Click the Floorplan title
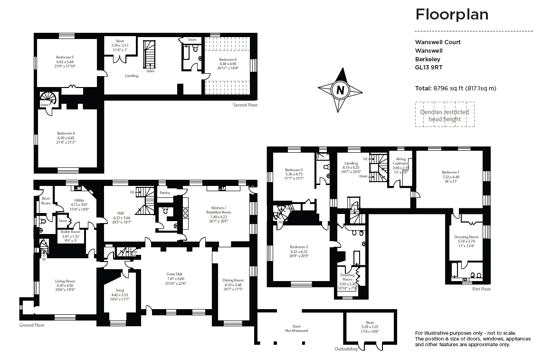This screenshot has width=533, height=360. coord(452,15)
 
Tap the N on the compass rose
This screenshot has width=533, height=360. coord(340,89)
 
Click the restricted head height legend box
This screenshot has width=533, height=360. coord(445,115)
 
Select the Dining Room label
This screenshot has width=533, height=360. coord(233,280)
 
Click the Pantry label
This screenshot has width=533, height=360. coord(165,193)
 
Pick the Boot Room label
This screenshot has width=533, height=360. coord(46,201)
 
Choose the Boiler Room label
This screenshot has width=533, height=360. coord(71,232)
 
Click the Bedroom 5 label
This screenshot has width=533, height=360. coord(65,58)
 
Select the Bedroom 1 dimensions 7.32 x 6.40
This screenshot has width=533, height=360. coord(450,177)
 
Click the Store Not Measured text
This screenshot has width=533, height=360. coord(296,328)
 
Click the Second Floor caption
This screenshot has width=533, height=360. coord(245,105)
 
